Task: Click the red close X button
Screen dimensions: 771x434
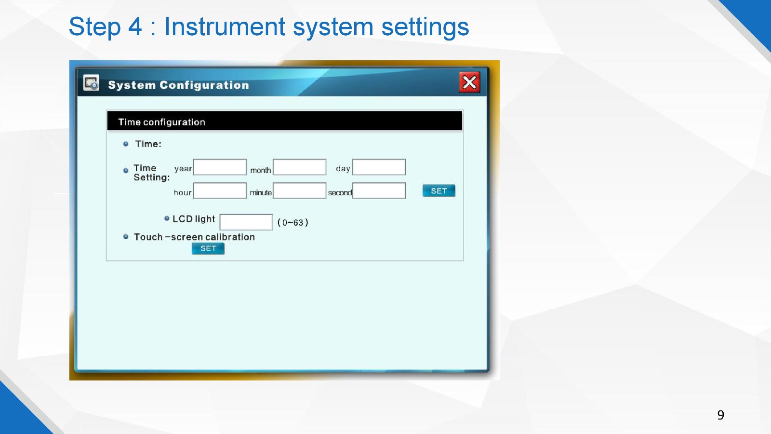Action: click(x=469, y=82)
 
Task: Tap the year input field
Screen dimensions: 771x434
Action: click(x=220, y=167)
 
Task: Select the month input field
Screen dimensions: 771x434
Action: click(x=299, y=167)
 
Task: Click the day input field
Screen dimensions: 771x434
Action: click(x=379, y=167)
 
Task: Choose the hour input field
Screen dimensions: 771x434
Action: click(x=220, y=191)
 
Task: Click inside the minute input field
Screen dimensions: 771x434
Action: click(x=299, y=191)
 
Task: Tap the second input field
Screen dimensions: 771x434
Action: click(x=379, y=191)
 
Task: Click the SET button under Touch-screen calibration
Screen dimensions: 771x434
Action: click(x=208, y=249)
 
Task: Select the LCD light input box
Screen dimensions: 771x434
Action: click(x=246, y=222)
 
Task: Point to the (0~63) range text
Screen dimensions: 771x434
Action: click(x=293, y=222)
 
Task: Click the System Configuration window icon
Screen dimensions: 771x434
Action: click(x=91, y=83)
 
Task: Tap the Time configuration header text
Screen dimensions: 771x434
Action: click(x=162, y=122)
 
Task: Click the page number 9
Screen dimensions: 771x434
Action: click(x=721, y=415)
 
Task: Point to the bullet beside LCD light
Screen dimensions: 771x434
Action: click(x=167, y=218)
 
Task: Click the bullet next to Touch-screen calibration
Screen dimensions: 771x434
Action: click(x=126, y=237)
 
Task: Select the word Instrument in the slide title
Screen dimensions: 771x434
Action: click(x=225, y=27)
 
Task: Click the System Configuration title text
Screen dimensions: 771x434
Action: click(x=179, y=85)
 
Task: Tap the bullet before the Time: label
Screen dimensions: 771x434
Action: click(x=126, y=144)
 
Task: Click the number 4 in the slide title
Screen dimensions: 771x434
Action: click(x=135, y=27)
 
